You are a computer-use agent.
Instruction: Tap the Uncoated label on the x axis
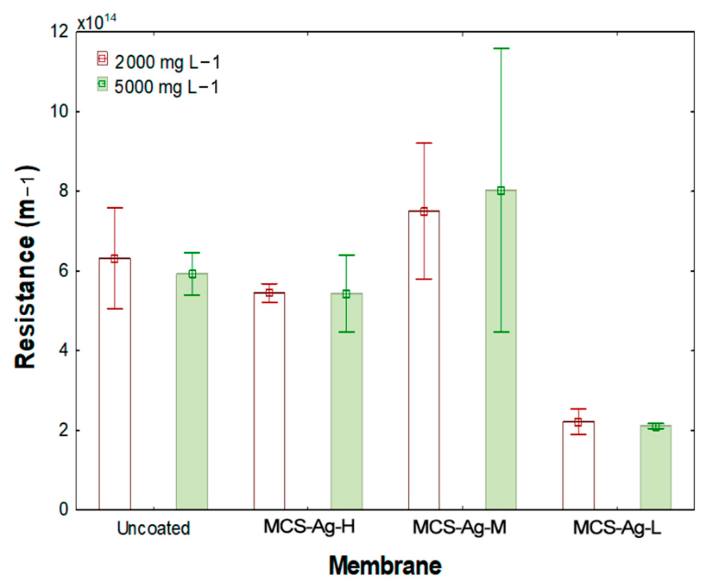153,528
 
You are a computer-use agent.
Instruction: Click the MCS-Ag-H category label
309,527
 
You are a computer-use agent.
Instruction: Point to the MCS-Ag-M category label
459,527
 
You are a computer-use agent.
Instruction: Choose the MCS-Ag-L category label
617,527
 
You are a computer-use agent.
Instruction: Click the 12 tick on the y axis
60,32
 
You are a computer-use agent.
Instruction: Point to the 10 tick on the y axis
60,111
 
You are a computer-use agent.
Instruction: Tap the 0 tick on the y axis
64,509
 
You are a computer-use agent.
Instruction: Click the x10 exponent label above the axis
96,22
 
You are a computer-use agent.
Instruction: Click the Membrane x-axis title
385,565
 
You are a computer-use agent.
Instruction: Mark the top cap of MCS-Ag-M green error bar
501,49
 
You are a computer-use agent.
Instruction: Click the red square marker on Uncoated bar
114,259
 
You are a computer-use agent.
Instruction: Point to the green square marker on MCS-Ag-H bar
346,294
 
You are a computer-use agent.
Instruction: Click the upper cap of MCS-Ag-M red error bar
424,143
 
